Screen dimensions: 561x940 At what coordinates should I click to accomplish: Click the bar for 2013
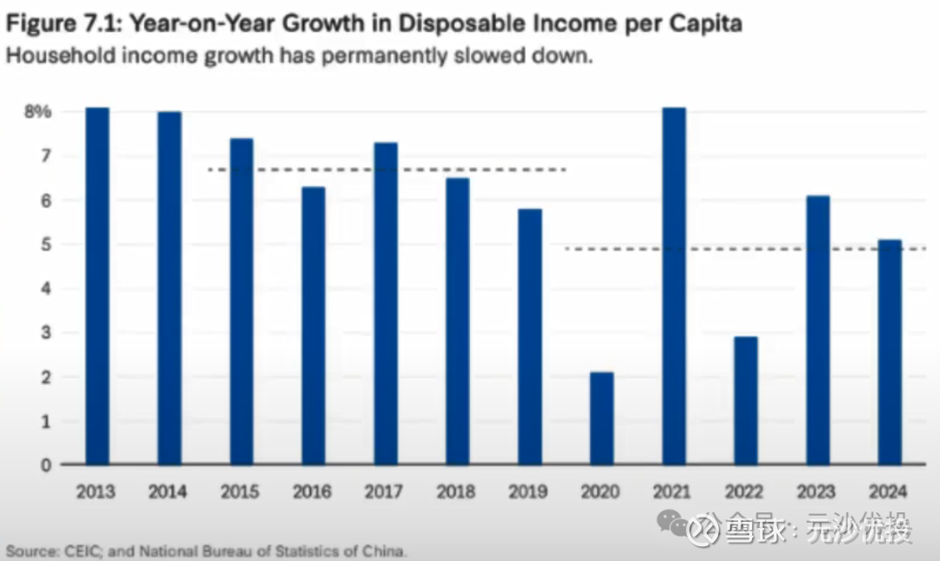click(x=97, y=287)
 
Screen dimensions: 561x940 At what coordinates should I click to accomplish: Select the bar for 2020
click(x=601, y=418)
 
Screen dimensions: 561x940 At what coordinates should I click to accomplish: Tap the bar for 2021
click(x=674, y=287)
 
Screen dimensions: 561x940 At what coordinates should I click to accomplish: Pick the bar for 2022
click(x=745, y=401)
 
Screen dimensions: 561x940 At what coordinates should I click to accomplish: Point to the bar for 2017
click(x=386, y=304)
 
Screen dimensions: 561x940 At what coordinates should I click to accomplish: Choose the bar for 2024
click(x=889, y=352)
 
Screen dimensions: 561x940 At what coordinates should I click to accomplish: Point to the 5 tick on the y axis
click(x=44, y=244)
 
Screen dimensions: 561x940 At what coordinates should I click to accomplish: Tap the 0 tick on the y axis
click(x=44, y=464)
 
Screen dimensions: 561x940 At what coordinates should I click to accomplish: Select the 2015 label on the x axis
click(x=240, y=492)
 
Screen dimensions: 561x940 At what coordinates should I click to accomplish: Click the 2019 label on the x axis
click(x=528, y=492)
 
